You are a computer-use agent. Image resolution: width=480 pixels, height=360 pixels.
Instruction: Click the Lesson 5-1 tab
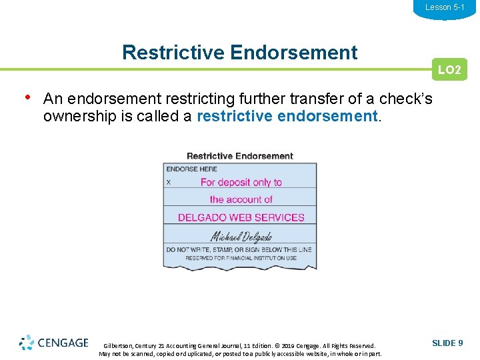(445, 7)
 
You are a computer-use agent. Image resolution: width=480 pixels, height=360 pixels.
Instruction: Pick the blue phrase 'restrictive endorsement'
(287, 116)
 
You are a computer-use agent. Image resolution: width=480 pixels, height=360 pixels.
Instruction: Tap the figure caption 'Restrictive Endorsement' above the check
(240, 156)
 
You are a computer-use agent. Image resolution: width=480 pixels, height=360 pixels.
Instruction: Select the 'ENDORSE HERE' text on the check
(192, 169)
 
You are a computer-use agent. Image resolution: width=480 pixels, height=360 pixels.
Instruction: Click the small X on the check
(169, 182)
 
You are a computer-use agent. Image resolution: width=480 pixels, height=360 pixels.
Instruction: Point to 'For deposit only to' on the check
(241, 182)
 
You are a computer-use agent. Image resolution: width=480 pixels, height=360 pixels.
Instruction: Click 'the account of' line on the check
(241, 199)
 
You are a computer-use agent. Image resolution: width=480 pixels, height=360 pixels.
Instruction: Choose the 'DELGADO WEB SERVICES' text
(241, 217)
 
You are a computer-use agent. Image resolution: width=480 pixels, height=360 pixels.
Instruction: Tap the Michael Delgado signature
(241, 236)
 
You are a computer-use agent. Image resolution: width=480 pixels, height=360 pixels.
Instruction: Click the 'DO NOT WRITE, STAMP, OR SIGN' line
(239, 250)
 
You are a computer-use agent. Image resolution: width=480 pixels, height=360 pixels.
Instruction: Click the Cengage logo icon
(27, 343)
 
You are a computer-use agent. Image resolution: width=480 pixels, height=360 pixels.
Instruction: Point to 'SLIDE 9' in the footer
(447, 343)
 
